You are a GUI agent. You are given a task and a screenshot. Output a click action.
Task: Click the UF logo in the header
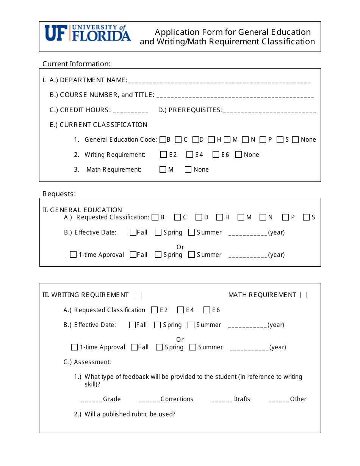click(88, 33)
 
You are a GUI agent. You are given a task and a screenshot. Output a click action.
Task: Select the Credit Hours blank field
click(130, 111)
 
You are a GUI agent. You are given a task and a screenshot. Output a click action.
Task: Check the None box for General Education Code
click(296, 140)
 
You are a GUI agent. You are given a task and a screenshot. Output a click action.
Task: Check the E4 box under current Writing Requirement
click(190, 155)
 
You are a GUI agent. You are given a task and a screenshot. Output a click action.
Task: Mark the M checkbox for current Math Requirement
click(163, 170)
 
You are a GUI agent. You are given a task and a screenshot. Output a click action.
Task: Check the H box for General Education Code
click(211, 140)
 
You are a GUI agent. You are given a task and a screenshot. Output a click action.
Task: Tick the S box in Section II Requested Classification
click(307, 217)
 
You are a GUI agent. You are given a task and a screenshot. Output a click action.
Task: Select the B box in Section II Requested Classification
click(155, 217)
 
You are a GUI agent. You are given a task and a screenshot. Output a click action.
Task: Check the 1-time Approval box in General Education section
click(74, 255)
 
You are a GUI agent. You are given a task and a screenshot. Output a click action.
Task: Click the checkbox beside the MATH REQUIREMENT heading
click(304, 295)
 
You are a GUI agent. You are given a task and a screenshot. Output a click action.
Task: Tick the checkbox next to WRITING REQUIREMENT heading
click(138, 295)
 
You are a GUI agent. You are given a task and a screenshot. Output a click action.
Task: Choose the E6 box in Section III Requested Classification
click(207, 310)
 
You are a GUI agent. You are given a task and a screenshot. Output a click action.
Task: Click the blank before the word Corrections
click(149, 400)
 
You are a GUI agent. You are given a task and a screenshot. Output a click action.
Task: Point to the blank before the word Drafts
click(222, 400)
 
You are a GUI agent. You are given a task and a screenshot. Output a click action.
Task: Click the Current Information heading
click(76, 64)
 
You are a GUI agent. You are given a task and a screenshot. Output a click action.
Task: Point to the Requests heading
click(59, 194)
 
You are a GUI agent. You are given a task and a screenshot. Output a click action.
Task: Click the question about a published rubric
click(130, 414)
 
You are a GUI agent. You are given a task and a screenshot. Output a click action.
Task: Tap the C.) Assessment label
click(87, 362)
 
